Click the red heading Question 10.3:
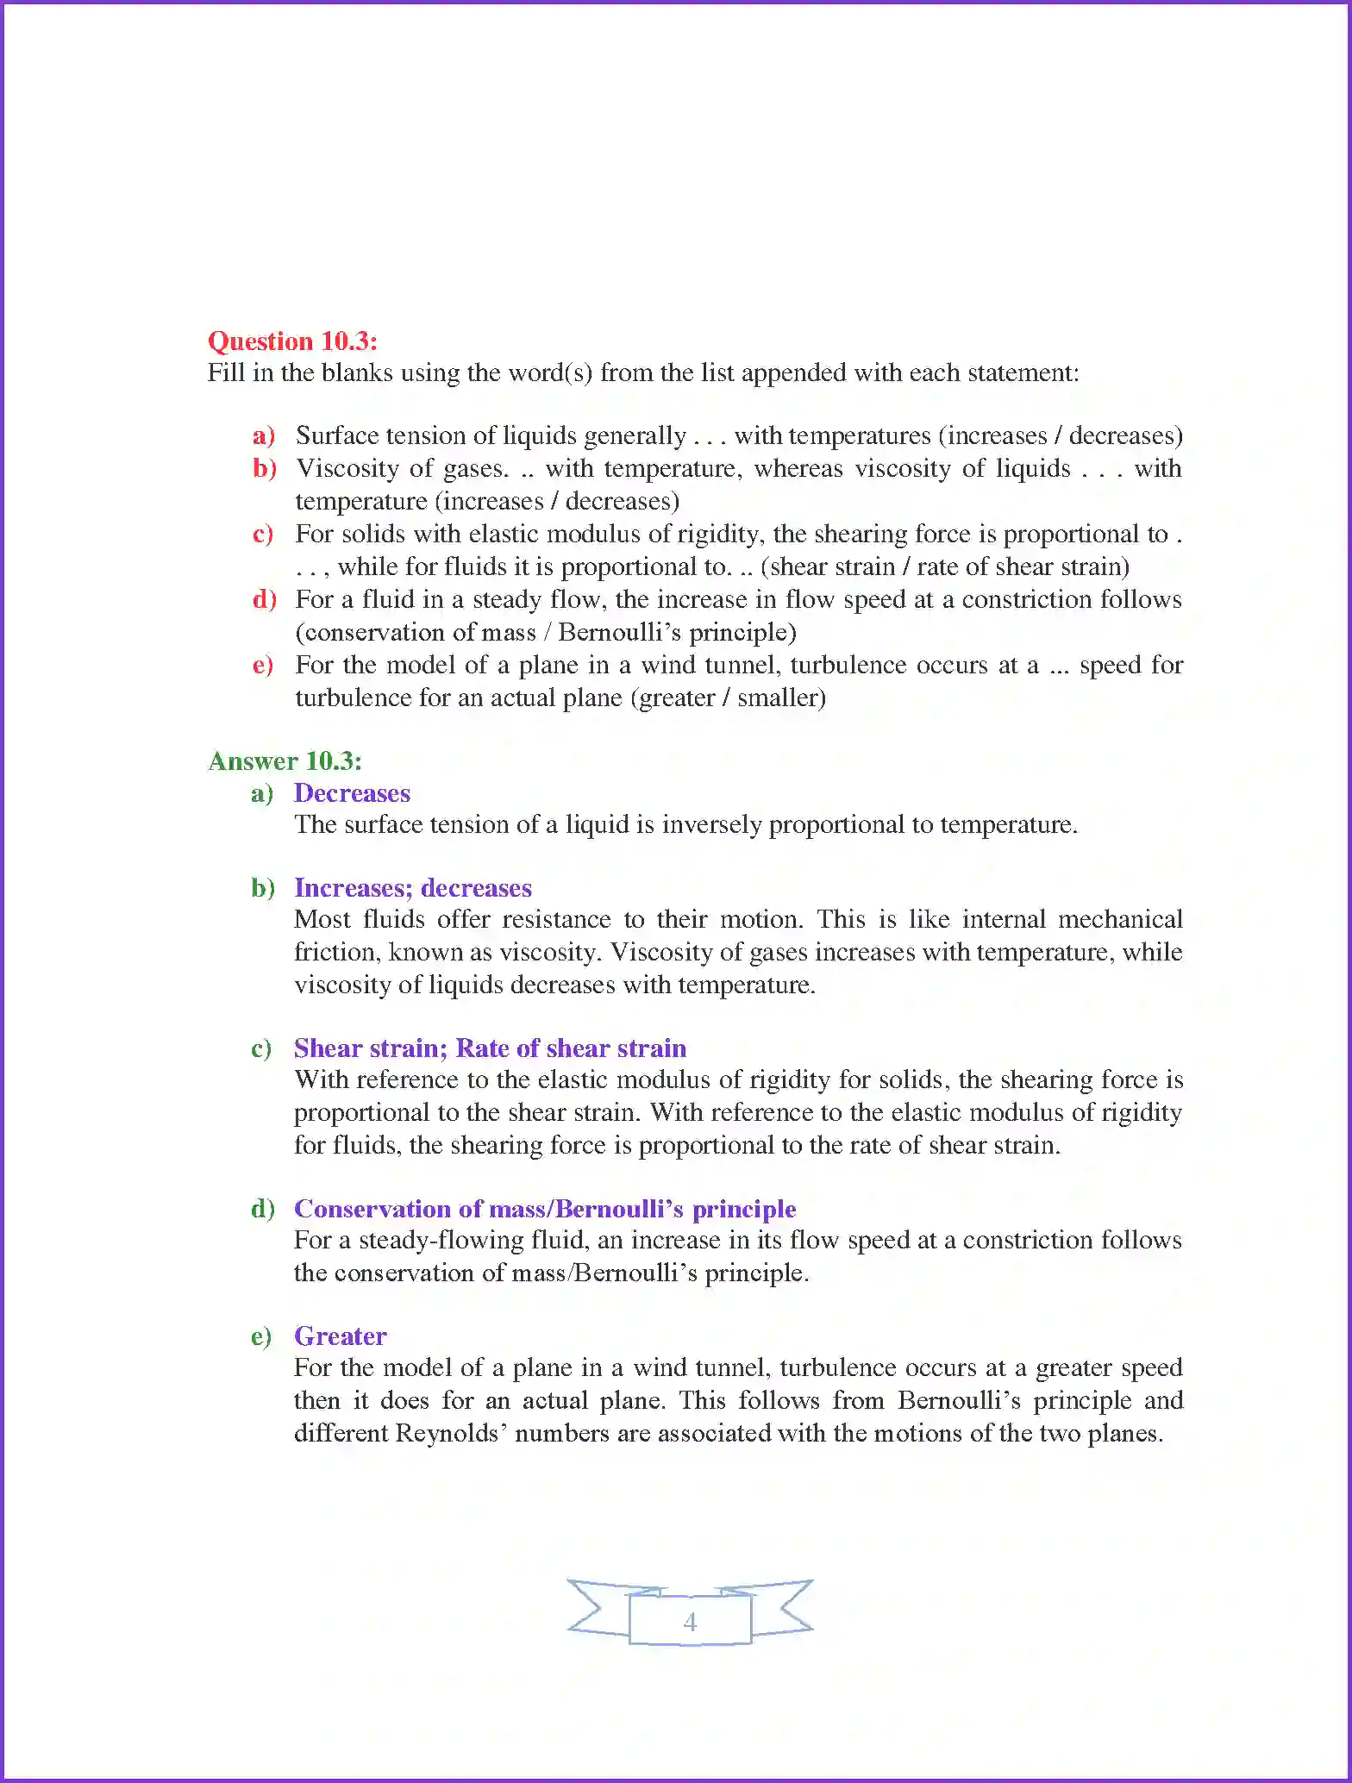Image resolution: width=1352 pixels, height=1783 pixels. tap(292, 341)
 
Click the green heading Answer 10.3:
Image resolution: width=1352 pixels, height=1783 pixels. tap(285, 760)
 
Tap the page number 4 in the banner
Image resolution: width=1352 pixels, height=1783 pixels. tap(690, 1622)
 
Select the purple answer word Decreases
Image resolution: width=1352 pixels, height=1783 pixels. tap(352, 793)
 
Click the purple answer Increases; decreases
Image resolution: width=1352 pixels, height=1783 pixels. tap(413, 888)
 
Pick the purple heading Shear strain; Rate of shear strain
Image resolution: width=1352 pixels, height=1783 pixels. tap(490, 1048)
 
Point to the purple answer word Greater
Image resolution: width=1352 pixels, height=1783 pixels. tap(340, 1336)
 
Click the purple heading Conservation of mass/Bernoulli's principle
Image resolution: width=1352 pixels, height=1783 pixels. tap(545, 1209)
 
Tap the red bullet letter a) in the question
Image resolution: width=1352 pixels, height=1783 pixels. tap(264, 435)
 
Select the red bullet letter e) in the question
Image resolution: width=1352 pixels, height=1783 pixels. tap(263, 665)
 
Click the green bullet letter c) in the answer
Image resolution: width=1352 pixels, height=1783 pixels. tap(261, 1048)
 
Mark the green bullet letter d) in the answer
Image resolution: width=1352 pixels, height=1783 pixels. tap(262, 1209)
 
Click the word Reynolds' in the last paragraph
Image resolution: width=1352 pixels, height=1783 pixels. tap(449, 1433)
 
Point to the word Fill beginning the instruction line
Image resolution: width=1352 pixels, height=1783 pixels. tap(226, 372)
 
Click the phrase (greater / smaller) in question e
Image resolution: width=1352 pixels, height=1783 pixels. tap(728, 698)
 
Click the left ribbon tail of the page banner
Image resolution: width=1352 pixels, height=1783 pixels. tap(595, 1608)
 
